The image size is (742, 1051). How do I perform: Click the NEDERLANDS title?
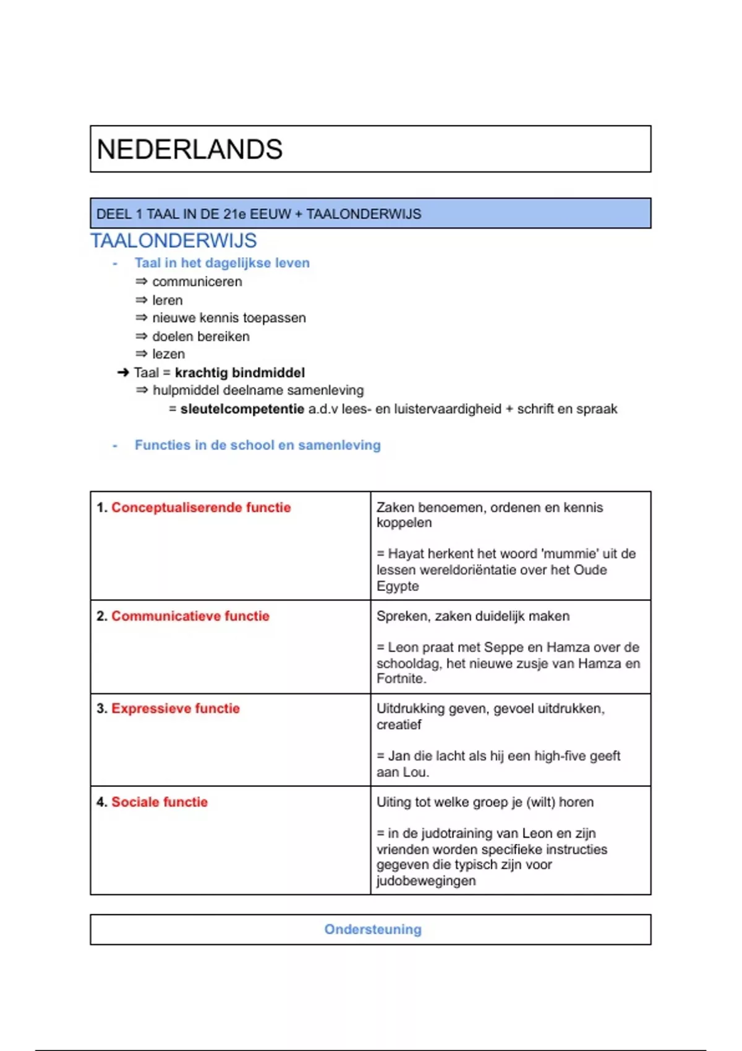pyautogui.click(x=190, y=150)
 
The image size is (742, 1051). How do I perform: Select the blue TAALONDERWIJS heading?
pyautogui.click(x=174, y=240)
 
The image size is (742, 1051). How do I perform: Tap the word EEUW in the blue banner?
pyautogui.click(x=270, y=215)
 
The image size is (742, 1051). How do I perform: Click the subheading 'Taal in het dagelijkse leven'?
pyautogui.click(x=222, y=263)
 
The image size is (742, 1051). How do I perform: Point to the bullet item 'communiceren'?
pyautogui.click(x=197, y=282)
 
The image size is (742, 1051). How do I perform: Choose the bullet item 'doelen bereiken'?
pyautogui.click(x=201, y=336)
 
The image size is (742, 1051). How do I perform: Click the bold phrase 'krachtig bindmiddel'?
pyautogui.click(x=240, y=373)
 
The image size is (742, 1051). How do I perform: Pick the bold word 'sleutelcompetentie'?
pyautogui.click(x=242, y=409)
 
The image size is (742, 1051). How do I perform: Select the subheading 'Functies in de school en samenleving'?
pyautogui.click(x=257, y=445)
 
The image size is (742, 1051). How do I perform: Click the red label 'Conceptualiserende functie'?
pyautogui.click(x=201, y=508)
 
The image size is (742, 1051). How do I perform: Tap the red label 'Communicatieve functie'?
pyautogui.click(x=190, y=616)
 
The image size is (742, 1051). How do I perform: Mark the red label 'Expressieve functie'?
pyautogui.click(x=176, y=708)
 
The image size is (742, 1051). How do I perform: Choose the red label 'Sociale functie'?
pyautogui.click(x=160, y=802)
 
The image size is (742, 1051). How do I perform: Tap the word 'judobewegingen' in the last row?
pyautogui.click(x=426, y=881)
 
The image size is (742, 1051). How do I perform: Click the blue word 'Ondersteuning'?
pyautogui.click(x=373, y=929)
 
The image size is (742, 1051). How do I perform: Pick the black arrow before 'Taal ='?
pyautogui.click(x=123, y=373)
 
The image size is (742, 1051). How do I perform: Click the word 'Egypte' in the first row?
pyautogui.click(x=398, y=586)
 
